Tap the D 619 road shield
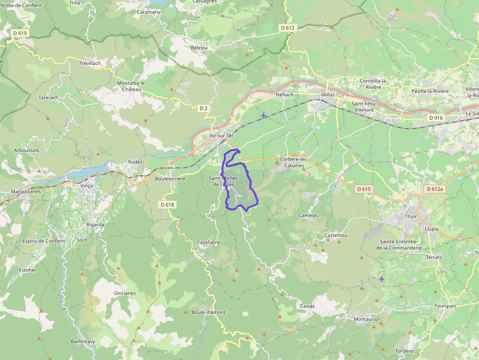(x=20, y=33)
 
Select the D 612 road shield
(x=288, y=28)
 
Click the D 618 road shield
(x=167, y=205)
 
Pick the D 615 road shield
(x=364, y=189)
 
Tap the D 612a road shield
(x=434, y=189)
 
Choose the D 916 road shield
(x=435, y=118)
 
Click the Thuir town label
(x=411, y=216)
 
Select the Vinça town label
(x=87, y=186)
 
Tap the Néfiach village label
(x=284, y=95)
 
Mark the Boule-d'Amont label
(x=209, y=312)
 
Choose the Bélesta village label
(x=199, y=48)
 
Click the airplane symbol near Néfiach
(x=264, y=115)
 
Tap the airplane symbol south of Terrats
(x=381, y=279)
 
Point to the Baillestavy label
(x=83, y=341)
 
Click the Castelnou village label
(x=336, y=235)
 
